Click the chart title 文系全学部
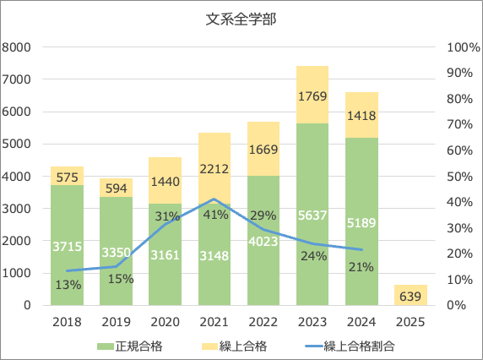pyautogui.click(x=241, y=19)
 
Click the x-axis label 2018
pyautogui.click(x=67, y=322)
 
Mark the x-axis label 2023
pyautogui.click(x=312, y=322)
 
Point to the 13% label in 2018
pyautogui.click(x=67, y=285)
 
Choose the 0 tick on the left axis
pyautogui.click(x=27, y=305)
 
